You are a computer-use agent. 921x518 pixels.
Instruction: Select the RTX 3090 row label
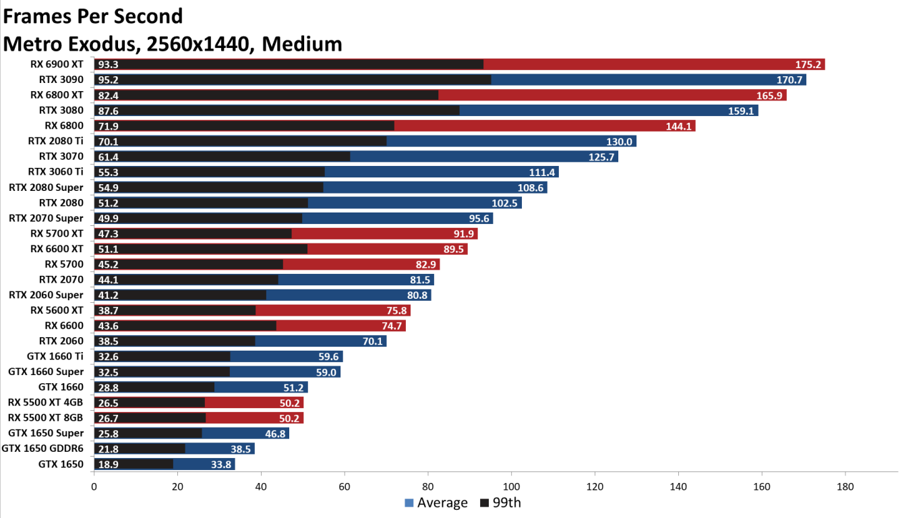(61, 80)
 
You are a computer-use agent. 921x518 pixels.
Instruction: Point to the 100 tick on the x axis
(511, 486)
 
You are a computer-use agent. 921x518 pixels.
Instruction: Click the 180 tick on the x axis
(845, 486)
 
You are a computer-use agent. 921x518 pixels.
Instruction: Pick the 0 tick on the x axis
(94, 486)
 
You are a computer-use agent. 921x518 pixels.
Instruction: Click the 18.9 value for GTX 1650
(109, 464)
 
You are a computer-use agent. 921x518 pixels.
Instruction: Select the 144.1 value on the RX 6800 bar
(679, 126)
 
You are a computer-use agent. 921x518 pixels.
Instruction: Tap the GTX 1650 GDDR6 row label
(42, 449)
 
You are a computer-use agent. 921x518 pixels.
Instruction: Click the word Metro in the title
(34, 44)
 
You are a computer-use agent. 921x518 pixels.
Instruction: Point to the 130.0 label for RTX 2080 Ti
(620, 142)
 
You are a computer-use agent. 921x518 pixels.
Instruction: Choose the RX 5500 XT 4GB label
(46, 402)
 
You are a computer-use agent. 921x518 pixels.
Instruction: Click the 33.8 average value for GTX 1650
(220, 464)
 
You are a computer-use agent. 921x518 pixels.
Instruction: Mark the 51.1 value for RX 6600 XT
(109, 249)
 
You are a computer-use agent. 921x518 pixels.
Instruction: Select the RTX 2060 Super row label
(46, 295)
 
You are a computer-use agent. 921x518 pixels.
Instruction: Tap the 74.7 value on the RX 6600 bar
(392, 326)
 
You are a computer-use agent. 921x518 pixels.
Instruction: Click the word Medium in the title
(302, 44)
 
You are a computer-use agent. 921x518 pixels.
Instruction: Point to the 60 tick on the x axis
(345, 486)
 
